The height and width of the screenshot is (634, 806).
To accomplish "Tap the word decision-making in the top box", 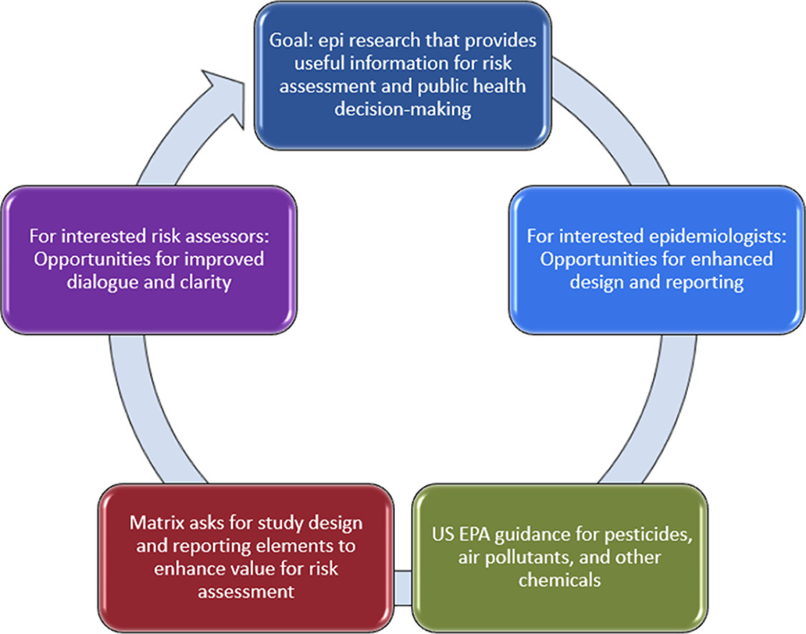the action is pyautogui.click(x=403, y=109).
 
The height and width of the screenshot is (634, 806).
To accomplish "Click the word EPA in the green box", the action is pyautogui.click(x=473, y=535).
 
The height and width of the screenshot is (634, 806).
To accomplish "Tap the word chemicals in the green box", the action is pyautogui.click(x=559, y=580).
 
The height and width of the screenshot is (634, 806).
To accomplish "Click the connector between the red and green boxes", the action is pyautogui.click(x=402, y=587).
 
